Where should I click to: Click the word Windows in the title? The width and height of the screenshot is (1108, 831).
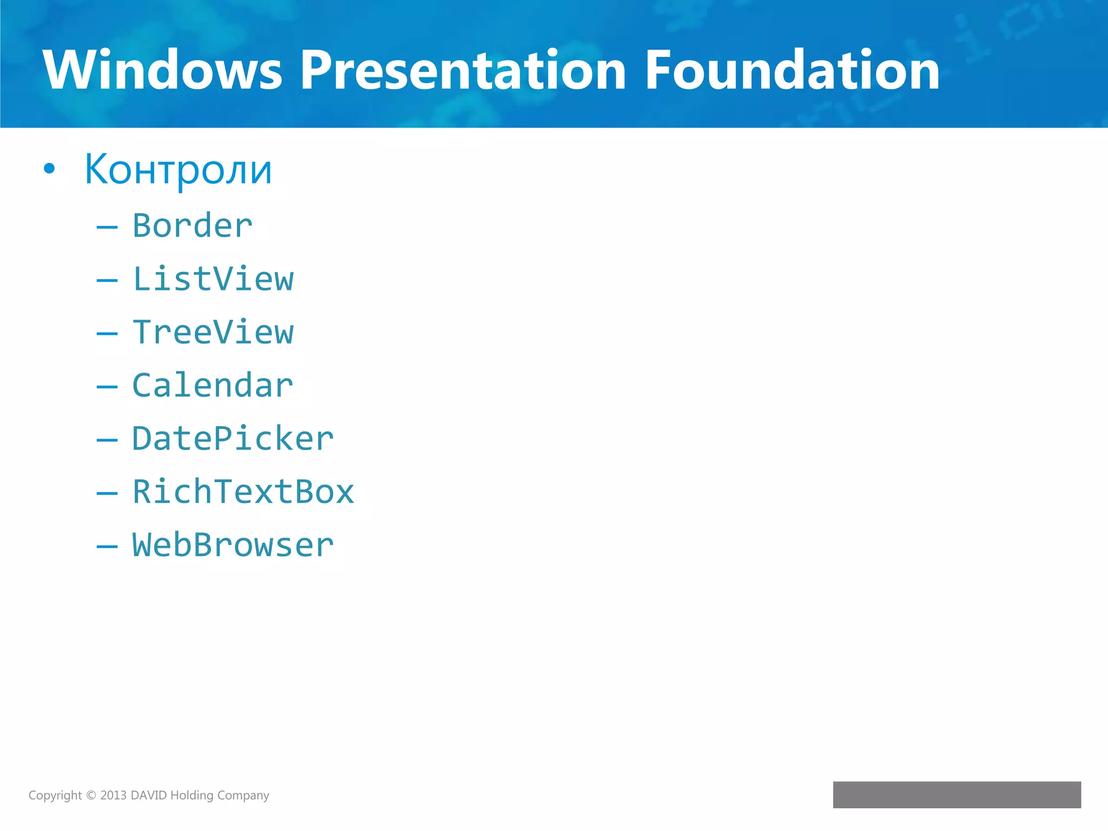pos(162,70)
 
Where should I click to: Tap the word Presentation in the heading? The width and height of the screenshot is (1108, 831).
pos(463,70)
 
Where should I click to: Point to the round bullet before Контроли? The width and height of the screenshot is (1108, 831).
pos(49,169)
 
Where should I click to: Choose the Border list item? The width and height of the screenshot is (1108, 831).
pos(192,226)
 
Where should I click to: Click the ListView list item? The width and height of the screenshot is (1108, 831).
pos(213,279)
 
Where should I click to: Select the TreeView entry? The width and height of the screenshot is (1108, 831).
pos(213,332)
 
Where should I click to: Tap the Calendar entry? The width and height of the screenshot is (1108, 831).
pos(213,386)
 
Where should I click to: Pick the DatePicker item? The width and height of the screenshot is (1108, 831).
pos(233,439)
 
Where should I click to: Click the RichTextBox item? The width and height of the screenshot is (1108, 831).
pos(243,492)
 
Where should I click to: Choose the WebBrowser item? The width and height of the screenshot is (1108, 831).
pos(233,545)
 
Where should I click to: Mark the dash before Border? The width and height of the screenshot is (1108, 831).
pos(107,227)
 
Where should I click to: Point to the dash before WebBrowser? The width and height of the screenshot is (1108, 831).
pos(107,546)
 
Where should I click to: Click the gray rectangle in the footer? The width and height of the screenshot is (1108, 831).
pos(957,794)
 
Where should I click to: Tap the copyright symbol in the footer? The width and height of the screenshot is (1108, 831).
pos(91,795)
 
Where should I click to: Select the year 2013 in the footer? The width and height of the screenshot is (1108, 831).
pos(113,795)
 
